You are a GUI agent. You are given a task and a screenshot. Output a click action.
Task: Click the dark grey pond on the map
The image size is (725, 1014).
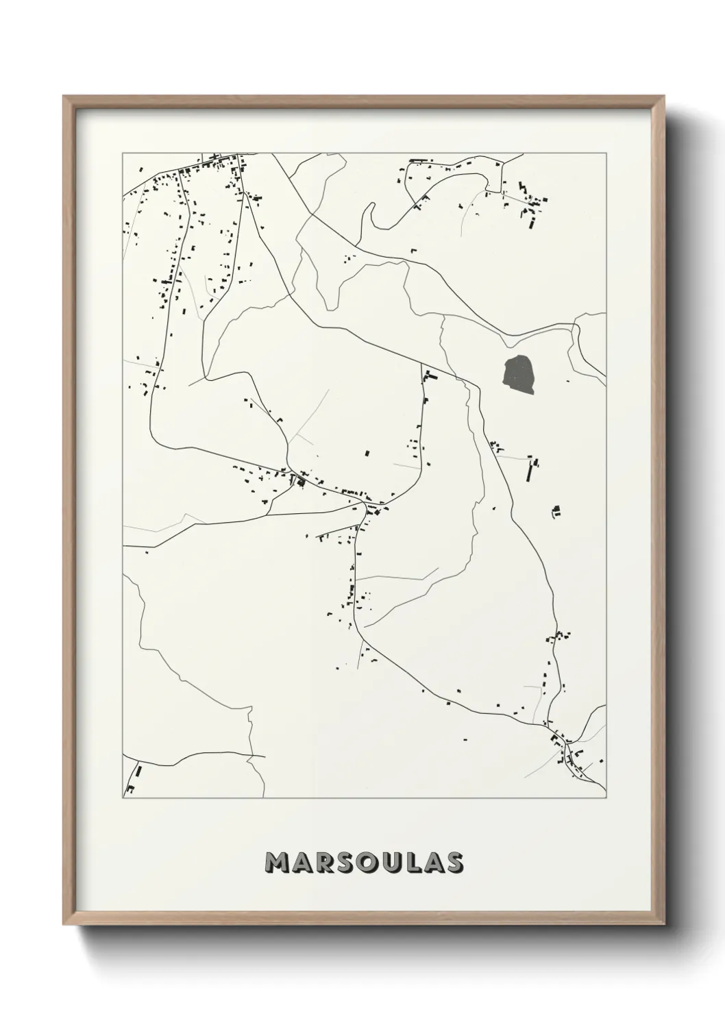pyautogui.click(x=519, y=375)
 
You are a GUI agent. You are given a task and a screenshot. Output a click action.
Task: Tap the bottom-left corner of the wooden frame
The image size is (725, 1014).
pyautogui.click(x=64, y=924)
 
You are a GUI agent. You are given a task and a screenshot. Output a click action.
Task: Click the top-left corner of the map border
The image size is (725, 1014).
pyautogui.click(x=123, y=153)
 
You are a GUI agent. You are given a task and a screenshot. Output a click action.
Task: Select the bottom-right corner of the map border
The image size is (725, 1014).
pyautogui.click(x=606, y=797)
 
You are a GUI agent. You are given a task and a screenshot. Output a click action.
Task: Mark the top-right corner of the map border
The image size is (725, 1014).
pyautogui.click(x=606, y=153)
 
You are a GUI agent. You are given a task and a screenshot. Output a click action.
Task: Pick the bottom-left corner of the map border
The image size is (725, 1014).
pyautogui.click(x=123, y=797)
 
